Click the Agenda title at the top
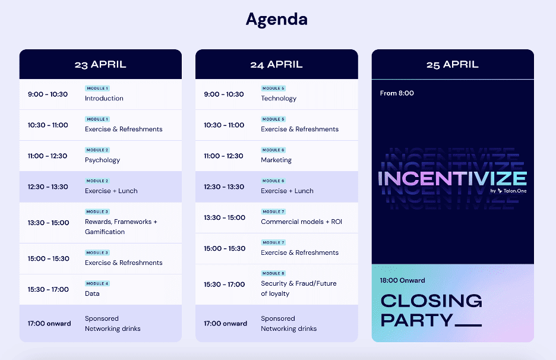tap(277, 20)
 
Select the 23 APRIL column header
tap(100, 65)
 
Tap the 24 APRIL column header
tap(277, 65)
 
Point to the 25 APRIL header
tap(453, 65)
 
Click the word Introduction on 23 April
tap(105, 98)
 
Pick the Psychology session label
tap(103, 160)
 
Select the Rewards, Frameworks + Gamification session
tap(121, 227)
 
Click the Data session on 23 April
tap(92, 293)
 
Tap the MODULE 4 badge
tap(97, 283)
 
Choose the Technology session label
tap(279, 98)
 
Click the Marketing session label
tap(276, 160)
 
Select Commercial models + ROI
tap(301, 222)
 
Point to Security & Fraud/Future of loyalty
tap(299, 288)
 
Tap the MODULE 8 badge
tap(273, 273)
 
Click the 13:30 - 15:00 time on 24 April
tap(225, 217)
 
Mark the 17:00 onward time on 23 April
tap(49, 324)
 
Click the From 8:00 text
tap(397, 93)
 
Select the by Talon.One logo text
tap(508, 191)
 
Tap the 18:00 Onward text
tap(403, 280)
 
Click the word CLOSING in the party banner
tap(431, 301)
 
